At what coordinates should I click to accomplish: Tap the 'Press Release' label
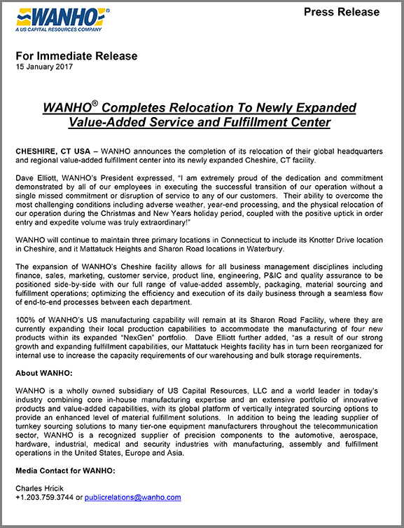click(342, 12)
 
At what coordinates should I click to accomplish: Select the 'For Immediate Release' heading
click(76, 55)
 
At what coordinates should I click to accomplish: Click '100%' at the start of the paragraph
click(27, 319)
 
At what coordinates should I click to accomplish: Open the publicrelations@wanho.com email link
click(137, 497)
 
